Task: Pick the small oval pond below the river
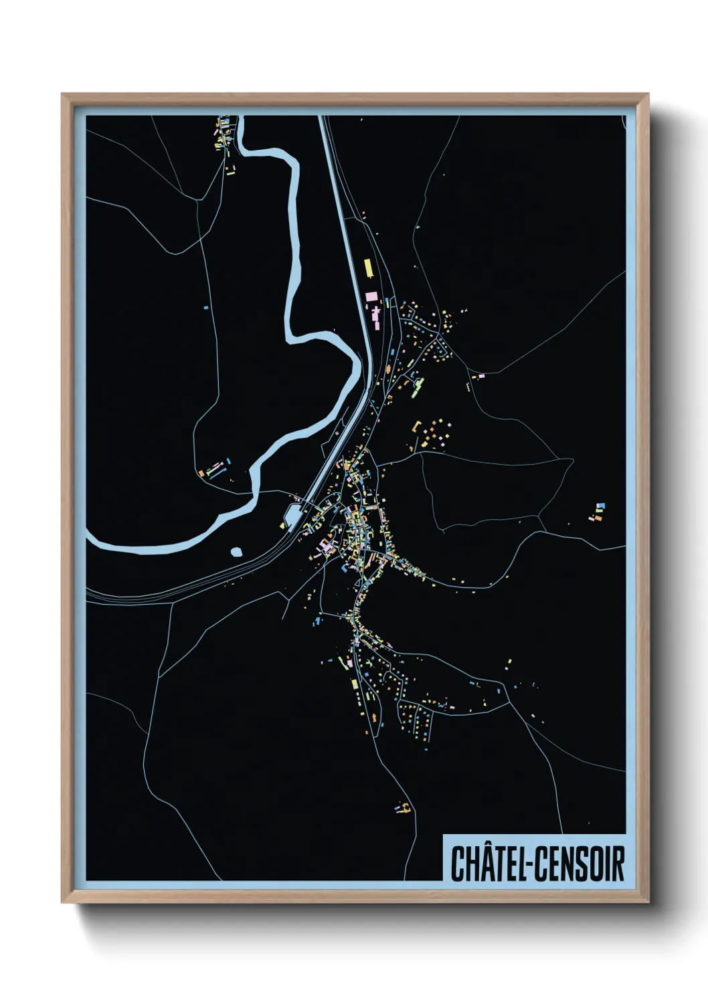tap(236, 552)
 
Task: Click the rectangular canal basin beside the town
tap(292, 515)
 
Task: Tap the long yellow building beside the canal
tap(367, 268)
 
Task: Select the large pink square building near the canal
tap(371, 296)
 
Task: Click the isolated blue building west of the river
tap(206, 308)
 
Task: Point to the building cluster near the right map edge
tap(597, 512)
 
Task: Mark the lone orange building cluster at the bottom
tap(403, 809)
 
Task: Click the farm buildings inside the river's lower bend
tap(215, 468)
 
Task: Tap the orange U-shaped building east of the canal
tap(416, 427)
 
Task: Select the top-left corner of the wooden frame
tap(62, 94)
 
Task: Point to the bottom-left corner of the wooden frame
tap(62, 902)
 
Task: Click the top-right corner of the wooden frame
tap(648, 94)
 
